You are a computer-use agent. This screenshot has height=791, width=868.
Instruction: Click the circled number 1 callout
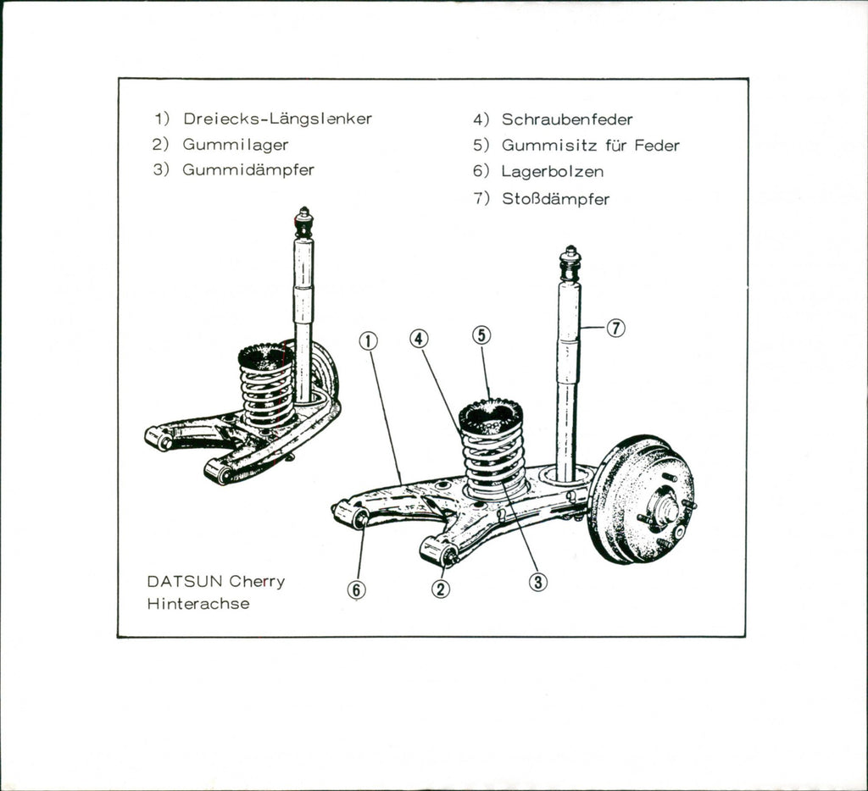point(367,340)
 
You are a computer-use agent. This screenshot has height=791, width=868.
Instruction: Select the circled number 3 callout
point(538,582)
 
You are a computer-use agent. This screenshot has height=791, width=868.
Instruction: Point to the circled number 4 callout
point(419,339)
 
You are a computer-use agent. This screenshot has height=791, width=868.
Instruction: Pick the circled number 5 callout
point(481,335)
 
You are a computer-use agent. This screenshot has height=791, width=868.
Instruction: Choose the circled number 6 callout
point(357,590)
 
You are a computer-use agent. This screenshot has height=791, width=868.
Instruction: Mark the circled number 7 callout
point(616,329)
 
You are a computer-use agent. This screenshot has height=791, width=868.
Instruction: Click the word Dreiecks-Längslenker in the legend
point(277,119)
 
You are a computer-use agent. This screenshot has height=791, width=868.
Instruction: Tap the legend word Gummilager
point(236,145)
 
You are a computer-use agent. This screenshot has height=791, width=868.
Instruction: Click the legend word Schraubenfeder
point(567,119)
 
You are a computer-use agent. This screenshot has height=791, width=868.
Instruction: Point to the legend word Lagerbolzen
point(553,172)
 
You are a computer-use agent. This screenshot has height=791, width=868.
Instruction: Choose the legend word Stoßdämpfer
point(555,200)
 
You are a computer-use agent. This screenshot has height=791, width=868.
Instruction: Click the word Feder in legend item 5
point(656,146)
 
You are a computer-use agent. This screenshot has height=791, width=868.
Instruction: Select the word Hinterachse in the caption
point(198,605)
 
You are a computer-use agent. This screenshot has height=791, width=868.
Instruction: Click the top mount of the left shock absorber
point(303,223)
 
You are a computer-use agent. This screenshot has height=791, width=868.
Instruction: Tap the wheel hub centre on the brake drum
point(664,510)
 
